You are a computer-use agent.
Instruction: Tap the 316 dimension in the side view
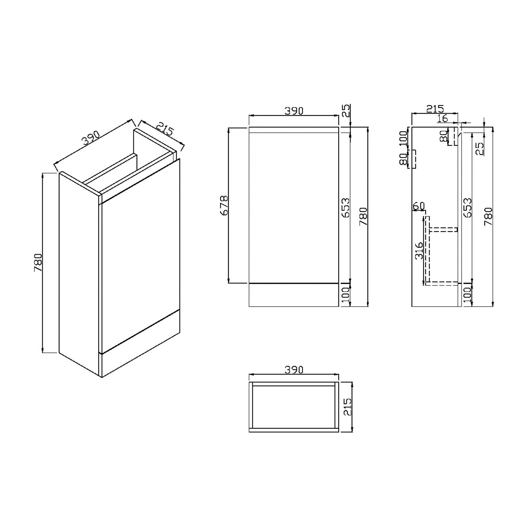(x=419, y=251)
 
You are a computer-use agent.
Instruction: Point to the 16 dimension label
(x=442, y=119)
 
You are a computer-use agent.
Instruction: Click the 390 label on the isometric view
(x=91, y=139)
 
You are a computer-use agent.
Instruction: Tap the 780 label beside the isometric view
(x=38, y=263)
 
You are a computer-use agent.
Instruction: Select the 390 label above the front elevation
(x=294, y=111)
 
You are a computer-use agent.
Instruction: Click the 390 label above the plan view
(x=294, y=370)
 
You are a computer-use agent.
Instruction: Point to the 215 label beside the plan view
(x=347, y=407)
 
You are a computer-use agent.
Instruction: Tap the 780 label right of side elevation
(x=488, y=216)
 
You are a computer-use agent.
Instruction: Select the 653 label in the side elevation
(x=467, y=208)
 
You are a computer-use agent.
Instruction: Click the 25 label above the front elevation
(x=346, y=111)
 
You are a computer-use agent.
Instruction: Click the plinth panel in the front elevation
(x=294, y=295)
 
